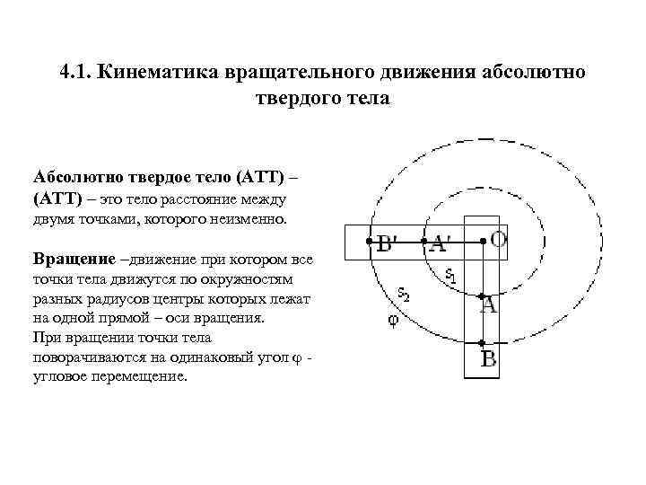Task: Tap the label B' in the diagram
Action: tap(389, 243)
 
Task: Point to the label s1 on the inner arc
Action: tap(450, 277)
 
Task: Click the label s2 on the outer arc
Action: tap(405, 294)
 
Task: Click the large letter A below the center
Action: tap(488, 305)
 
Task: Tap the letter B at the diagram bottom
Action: tap(489, 361)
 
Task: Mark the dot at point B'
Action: tap(368, 241)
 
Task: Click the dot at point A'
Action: tap(423, 241)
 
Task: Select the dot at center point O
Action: tap(483, 240)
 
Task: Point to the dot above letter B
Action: tap(483, 343)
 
